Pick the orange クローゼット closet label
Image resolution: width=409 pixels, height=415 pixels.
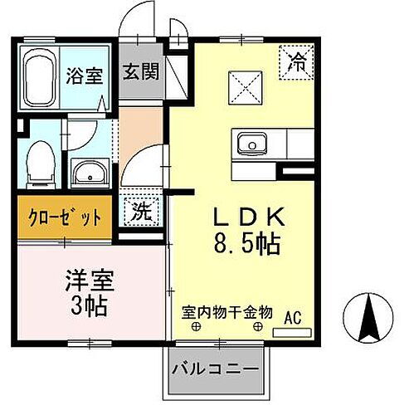(64, 217)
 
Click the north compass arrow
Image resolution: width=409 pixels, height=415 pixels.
(372, 314)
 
